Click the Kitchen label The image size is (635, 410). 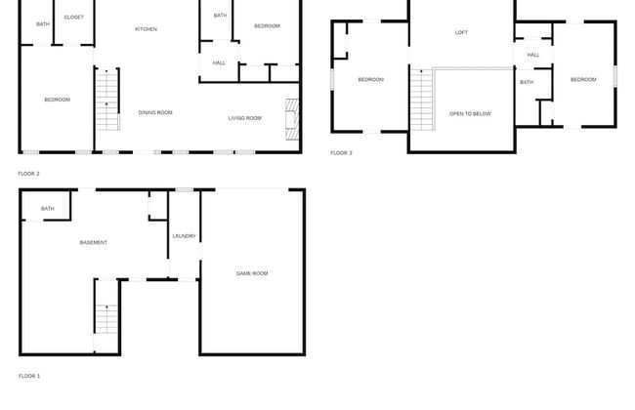(146, 29)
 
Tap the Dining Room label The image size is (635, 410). (155, 112)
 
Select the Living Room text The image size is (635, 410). (245, 118)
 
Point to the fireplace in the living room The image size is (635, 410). (292, 119)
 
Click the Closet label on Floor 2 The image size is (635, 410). (73, 17)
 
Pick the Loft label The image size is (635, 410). (461, 32)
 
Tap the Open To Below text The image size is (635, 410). (470, 114)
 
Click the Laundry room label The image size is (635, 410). (185, 236)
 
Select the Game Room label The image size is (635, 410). (252, 273)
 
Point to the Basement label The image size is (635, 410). (94, 242)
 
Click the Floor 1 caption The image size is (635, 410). (29, 376)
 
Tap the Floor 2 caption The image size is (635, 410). (28, 174)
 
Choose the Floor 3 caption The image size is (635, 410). (341, 153)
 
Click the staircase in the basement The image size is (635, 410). (106, 319)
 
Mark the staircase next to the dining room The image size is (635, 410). (107, 100)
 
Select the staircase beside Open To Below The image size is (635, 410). (422, 100)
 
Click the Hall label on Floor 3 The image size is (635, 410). (533, 55)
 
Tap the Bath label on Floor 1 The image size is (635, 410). (48, 209)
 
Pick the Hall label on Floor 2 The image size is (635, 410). (219, 63)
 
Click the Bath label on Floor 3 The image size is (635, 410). (527, 82)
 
